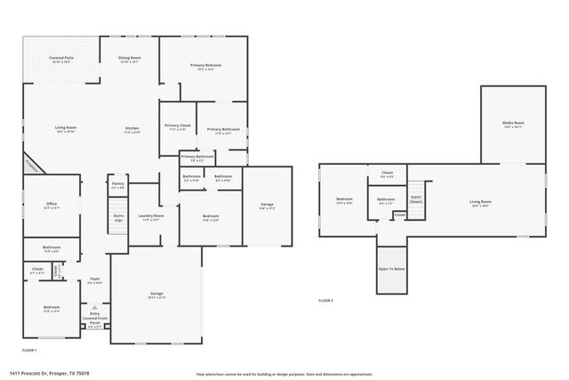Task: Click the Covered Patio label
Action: (61, 59)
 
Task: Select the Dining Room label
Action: (130, 59)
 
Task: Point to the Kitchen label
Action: (132, 130)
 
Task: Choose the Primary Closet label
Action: (178, 127)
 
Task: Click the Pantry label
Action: (117, 186)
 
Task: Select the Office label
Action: (52, 206)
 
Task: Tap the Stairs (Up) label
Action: (117, 216)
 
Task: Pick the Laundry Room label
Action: (151, 217)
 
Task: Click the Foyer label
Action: (95, 280)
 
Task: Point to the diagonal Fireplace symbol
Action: (32, 165)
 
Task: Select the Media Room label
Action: (513, 124)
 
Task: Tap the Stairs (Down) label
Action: (416, 199)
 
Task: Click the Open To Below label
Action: (391, 269)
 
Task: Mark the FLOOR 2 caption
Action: (326, 301)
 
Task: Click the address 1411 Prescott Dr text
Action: (49, 374)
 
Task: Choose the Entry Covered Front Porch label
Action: (95, 319)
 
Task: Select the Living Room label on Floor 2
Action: (481, 203)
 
